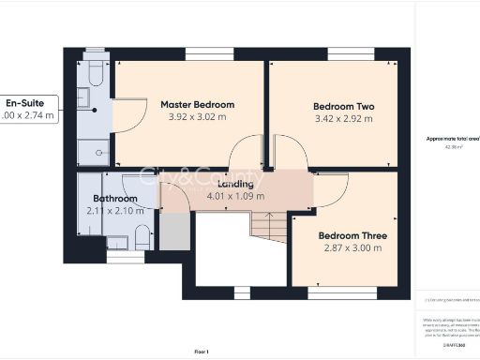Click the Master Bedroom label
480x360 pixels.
(197, 104)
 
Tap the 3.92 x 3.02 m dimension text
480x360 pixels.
(197, 117)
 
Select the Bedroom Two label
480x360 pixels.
(343, 107)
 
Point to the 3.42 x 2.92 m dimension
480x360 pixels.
(343, 120)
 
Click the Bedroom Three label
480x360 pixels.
(349, 235)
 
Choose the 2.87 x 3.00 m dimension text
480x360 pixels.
(349, 248)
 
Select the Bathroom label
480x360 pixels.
(114, 199)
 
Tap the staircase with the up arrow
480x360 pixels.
(268, 227)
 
